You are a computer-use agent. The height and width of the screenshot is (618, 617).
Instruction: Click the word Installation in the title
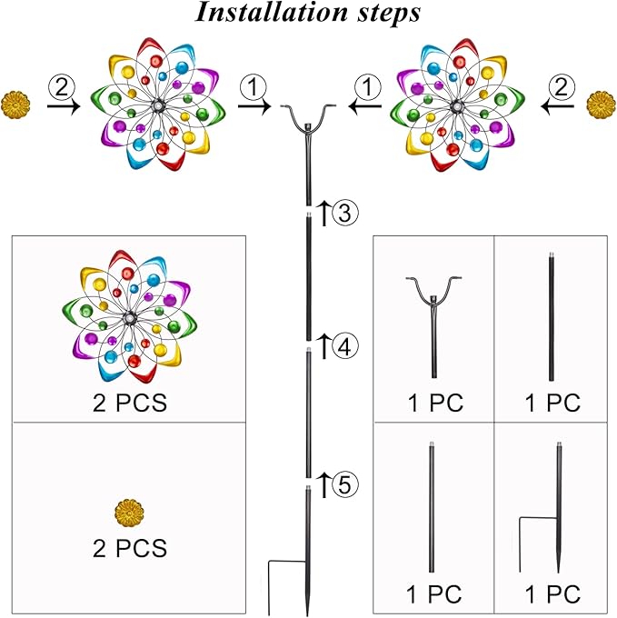[272, 12]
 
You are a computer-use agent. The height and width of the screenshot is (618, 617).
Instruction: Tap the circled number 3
[345, 213]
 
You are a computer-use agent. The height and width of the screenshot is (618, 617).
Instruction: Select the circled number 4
[345, 346]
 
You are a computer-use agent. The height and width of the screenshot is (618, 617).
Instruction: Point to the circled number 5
[345, 484]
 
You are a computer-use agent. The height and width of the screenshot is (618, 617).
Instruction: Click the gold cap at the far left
[15, 105]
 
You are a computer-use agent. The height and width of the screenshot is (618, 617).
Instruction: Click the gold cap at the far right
[601, 105]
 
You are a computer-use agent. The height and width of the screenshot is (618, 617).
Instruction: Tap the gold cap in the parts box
[129, 513]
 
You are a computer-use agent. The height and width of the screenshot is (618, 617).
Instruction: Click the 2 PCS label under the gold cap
[130, 548]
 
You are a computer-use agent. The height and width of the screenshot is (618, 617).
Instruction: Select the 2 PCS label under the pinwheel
[130, 403]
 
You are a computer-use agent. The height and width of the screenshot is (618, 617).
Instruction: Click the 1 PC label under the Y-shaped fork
[435, 403]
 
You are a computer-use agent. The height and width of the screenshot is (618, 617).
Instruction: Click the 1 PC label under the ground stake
[552, 593]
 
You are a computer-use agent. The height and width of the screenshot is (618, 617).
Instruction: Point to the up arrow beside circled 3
[323, 213]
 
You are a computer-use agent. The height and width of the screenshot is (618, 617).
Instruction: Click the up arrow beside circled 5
[323, 484]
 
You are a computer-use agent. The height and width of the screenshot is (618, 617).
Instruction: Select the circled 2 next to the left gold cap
[61, 87]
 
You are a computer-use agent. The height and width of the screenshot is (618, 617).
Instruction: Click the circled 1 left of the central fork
[253, 87]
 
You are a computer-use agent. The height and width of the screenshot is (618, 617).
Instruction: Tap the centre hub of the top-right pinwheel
[457, 106]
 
